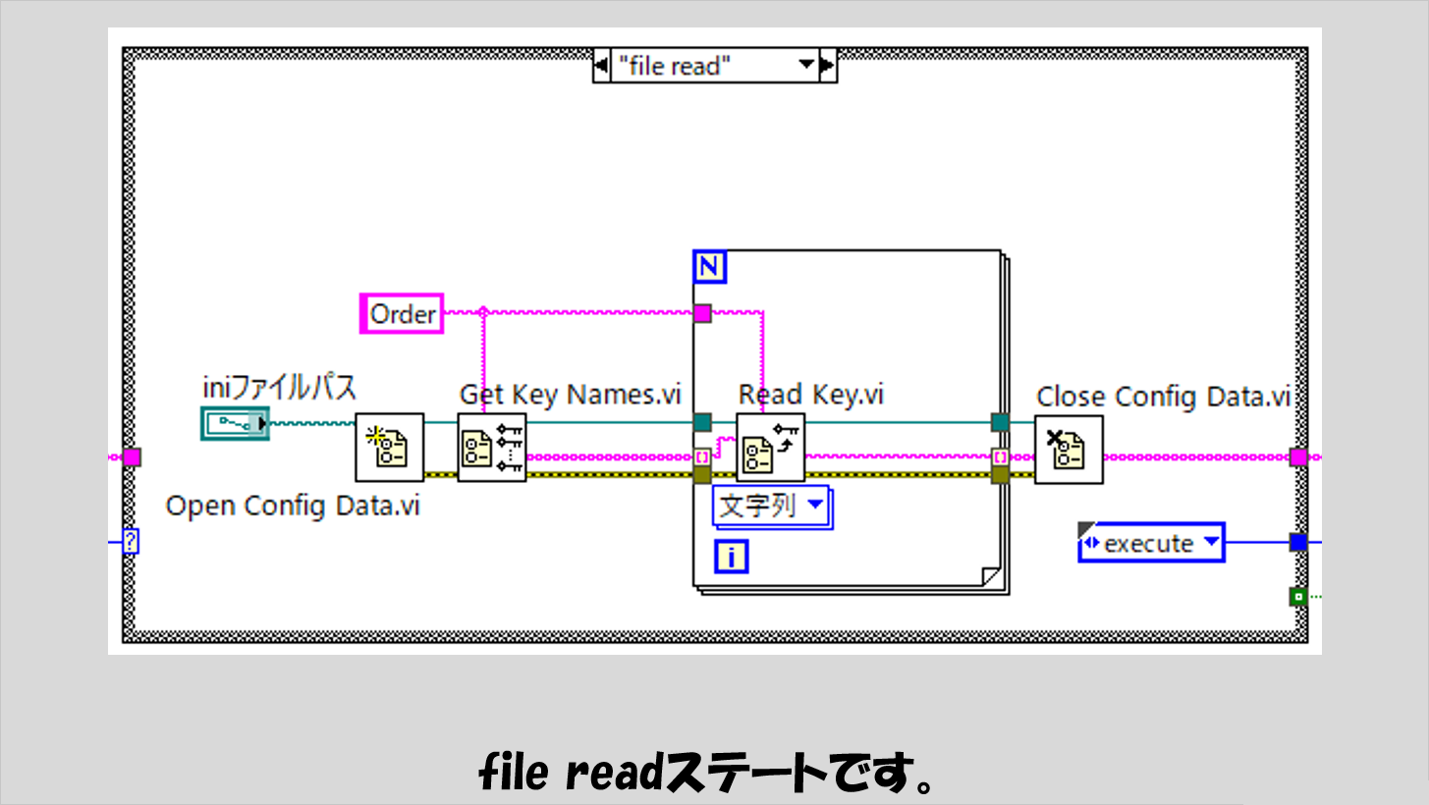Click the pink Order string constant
[402, 314]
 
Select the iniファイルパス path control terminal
[235, 423]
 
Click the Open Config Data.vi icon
[389, 448]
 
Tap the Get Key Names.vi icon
[492, 448]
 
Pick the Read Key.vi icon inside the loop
[770, 448]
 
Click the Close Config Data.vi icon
[1069, 450]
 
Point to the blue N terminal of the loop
[709, 267]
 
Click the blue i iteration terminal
[732, 558]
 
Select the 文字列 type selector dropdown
[772, 508]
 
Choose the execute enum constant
[1150, 543]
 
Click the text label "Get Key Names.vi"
[570, 395]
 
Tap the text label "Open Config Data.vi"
[293, 506]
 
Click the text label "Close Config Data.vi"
[1163, 397]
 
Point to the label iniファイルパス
[279, 388]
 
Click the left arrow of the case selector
[601, 67]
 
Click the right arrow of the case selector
[827, 67]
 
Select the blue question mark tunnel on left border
[129, 541]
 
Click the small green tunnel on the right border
[1298, 596]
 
